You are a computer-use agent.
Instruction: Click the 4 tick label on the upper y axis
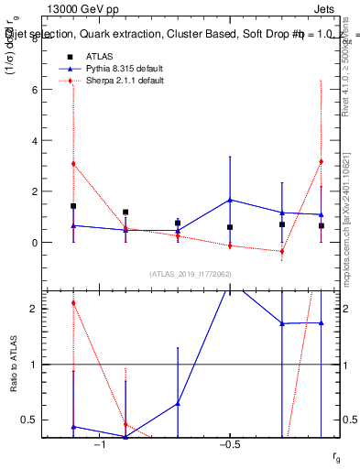point(37,141)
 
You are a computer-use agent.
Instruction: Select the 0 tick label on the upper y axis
point(37,243)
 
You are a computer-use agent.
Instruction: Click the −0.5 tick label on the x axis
point(227,445)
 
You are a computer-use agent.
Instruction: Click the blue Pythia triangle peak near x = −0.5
point(230,200)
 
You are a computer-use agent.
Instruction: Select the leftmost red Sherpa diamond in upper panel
point(73,164)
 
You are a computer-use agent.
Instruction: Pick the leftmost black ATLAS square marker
point(73,206)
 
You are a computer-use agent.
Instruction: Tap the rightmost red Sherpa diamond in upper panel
point(321,162)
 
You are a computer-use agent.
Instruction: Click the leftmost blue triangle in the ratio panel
point(73,427)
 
